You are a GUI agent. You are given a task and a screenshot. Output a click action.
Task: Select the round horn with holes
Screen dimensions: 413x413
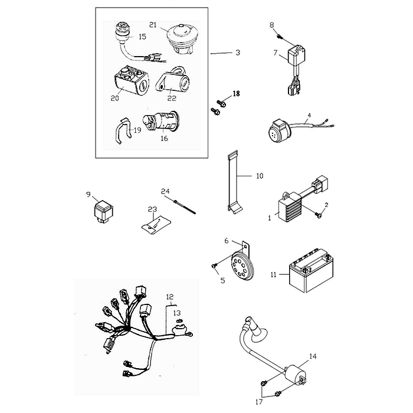(x=241, y=265)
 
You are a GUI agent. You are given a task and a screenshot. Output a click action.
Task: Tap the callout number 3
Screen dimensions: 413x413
(x=238, y=53)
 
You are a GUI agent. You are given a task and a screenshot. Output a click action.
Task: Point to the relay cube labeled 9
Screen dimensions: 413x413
(x=103, y=212)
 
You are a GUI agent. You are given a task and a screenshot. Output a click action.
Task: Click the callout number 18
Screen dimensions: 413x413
(x=236, y=93)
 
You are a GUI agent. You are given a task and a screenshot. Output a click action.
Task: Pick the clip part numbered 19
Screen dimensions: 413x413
(x=123, y=130)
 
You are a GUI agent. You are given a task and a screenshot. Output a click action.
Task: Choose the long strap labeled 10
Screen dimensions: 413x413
(x=234, y=182)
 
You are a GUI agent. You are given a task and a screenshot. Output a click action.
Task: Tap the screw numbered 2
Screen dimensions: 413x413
(x=319, y=215)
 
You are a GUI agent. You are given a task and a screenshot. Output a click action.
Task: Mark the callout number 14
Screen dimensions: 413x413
(x=313, y=356)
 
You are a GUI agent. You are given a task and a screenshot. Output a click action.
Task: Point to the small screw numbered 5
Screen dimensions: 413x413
(x=214, y=266)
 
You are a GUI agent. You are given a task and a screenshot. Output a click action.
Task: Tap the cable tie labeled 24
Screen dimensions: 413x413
(x=184, y=207)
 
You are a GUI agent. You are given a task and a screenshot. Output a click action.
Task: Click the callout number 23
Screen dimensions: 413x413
(x=152, y=209)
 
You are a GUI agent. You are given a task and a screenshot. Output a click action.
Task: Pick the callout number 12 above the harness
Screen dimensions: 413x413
(x=170, y=297)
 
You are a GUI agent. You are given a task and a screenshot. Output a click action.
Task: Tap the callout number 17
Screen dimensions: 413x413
(x=259, y=402)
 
